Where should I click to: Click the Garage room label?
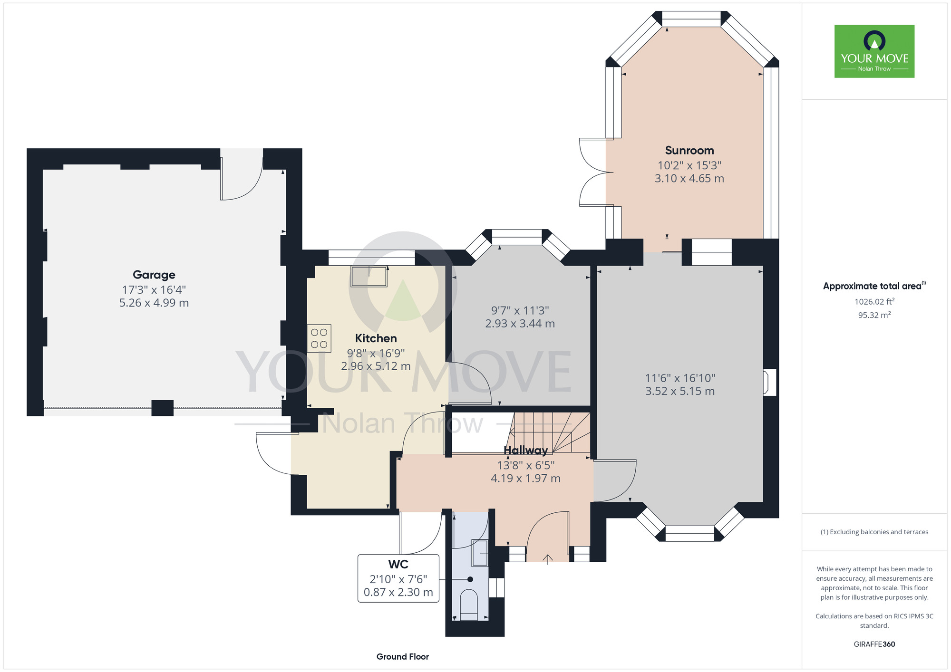coord(154,275)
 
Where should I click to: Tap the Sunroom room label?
coord(689,151)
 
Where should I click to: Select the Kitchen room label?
coord(376,338)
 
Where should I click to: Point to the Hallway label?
coord(525,450)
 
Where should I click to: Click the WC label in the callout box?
coord(398,565)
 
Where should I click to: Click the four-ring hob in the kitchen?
coord(319,338)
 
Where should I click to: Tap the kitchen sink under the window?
coord(369,277)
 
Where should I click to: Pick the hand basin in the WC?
coord(480,553)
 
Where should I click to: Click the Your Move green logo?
coord(874,51)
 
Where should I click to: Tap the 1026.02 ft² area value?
coord(874,301)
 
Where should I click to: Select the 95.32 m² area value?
coord(874,315)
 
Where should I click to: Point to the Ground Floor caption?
coord(403,657)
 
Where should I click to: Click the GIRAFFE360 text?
coord(874,644)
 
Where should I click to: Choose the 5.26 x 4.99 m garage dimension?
coord(154,303)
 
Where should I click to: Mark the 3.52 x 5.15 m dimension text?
coord(680,391)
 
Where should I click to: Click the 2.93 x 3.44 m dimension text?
coord(520,324)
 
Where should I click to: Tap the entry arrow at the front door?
coord(548,559)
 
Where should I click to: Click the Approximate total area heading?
coord(874,286)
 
